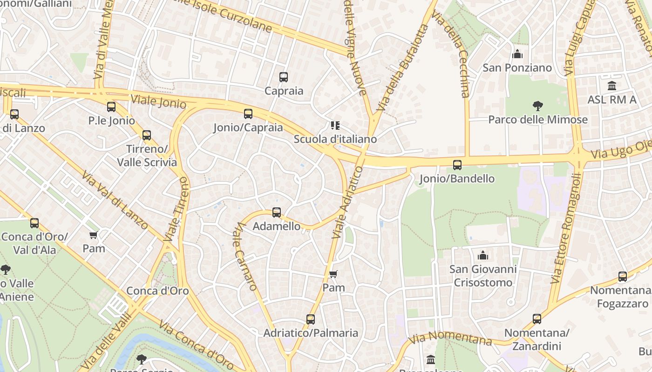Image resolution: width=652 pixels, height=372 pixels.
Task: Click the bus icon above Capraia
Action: click(x=284, y=77)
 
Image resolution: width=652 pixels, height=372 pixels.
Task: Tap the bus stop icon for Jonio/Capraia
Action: click(x=248, y=114)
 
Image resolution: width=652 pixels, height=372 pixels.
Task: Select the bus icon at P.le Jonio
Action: click(x=111, y=107)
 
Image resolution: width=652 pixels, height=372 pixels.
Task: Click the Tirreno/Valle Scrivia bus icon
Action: click(x=147, y=135)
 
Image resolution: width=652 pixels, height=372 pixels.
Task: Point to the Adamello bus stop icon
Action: click(x=277, y=213)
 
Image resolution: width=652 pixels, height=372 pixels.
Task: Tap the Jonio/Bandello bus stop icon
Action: click(x=457, y=165)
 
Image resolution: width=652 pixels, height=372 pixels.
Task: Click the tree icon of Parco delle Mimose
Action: click(x=538, y=106)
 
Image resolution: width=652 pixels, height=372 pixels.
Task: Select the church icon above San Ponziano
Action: click(x=517, y=54)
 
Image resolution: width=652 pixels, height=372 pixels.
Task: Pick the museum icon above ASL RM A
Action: click(x=612, y=86)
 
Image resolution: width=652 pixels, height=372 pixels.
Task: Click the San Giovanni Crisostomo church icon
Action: click(x=483, y=255)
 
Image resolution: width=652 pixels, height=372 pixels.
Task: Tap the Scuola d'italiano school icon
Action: click(x=335, y=125)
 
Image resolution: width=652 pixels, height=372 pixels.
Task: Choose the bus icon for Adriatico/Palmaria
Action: click(x=311, y=319)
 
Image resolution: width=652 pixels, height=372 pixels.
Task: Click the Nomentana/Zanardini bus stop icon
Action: click(x=537, y=319)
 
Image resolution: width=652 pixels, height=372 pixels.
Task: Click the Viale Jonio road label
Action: click(x=158, y=101)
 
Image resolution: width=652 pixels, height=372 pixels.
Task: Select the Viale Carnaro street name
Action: click(x=246, y=256)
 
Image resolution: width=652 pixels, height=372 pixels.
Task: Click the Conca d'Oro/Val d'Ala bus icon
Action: click(x=34, y=223)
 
